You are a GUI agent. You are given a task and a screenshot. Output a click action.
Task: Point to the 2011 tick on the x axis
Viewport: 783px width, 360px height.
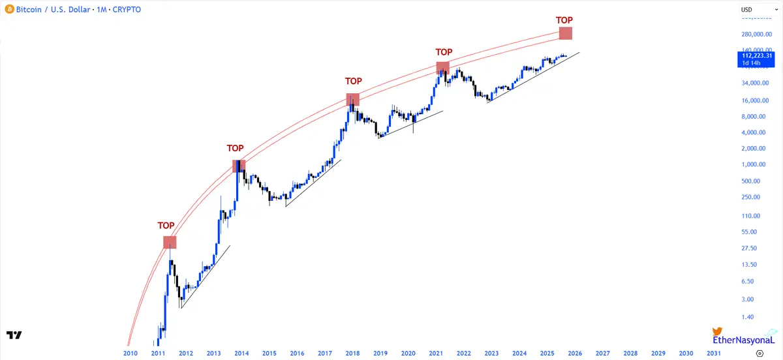pos(158,353)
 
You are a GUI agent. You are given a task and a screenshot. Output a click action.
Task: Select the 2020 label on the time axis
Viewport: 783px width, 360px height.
pos(408,353)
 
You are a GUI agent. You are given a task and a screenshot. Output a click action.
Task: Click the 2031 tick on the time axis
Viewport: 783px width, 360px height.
pos(714,353)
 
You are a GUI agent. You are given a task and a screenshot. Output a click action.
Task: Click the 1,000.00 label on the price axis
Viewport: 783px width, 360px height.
pos(751,165)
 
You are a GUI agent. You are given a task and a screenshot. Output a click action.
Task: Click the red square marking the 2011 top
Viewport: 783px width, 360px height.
pos(170,242)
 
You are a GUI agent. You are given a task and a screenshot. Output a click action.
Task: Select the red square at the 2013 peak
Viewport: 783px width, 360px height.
pos(239,166)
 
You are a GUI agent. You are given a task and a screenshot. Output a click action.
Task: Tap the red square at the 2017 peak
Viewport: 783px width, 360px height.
pos(352,99)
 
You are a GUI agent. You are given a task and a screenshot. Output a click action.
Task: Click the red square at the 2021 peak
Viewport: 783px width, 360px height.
pos(442,67)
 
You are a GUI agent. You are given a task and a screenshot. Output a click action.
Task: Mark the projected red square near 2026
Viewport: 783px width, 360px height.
pos(566,33)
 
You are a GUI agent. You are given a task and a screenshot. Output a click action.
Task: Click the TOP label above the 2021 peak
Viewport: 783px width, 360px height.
pos(444,52)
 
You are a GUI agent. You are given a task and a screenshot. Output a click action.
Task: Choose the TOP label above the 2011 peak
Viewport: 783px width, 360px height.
pos(166,226)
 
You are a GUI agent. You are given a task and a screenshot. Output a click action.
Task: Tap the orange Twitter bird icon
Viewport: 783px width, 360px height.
pos(717,331)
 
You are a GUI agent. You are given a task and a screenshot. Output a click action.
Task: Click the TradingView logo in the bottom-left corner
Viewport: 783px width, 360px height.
pos(14,335)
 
